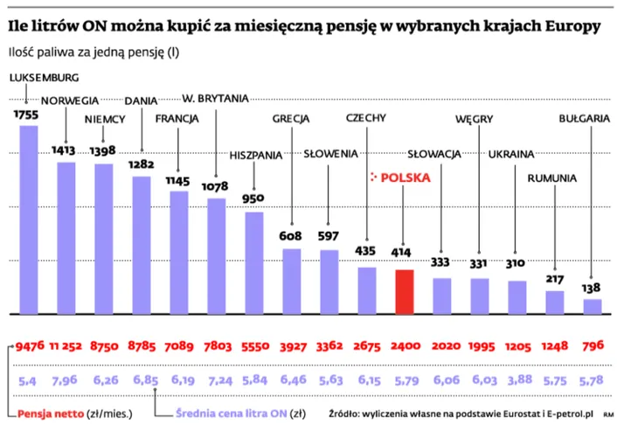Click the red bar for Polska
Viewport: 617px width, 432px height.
404,292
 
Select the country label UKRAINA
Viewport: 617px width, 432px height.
511,155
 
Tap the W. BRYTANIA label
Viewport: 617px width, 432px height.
215,97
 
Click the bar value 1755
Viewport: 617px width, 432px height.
28,115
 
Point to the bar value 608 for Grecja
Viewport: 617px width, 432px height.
291,236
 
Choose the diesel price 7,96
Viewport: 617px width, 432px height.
66,381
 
